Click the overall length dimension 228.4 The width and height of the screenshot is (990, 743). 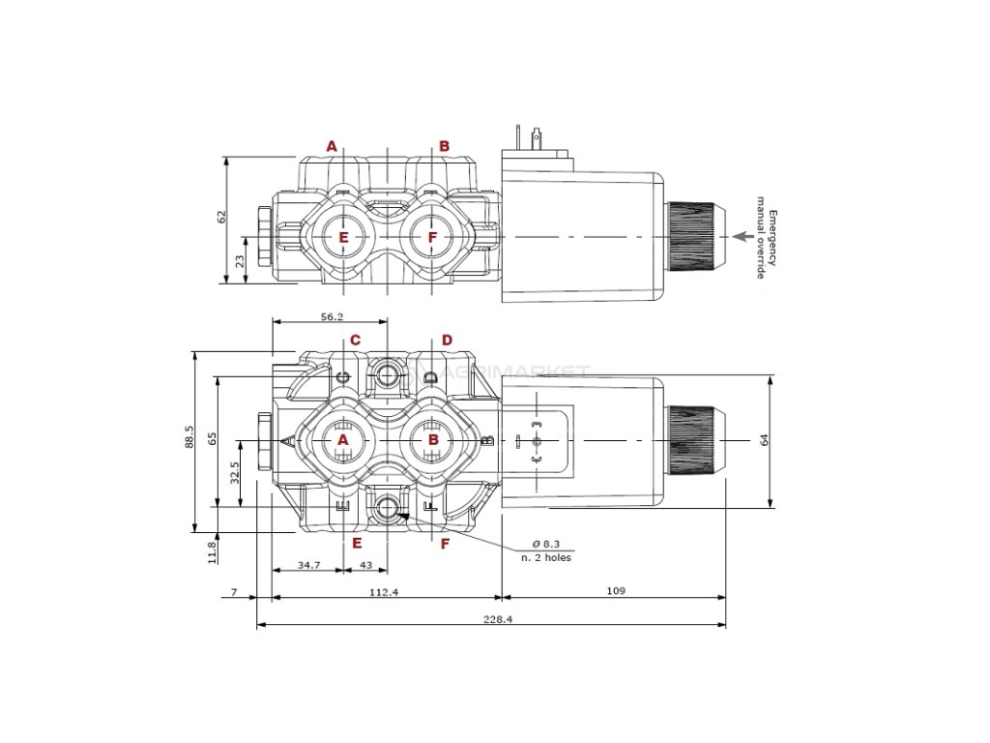click(x=490, y=619)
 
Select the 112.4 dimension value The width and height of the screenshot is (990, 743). click(x=384, y=592)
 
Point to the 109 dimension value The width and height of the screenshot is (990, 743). click(x=615, y=590)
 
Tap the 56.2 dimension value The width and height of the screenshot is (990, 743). click(x=332, y=316)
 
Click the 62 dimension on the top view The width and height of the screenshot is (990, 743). click(x=220, y=217)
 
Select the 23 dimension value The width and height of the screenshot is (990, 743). click(x=240, y=260)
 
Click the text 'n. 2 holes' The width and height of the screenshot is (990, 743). click(x=546, y=558)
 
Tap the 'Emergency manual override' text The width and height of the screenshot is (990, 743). click(x=766, y=237)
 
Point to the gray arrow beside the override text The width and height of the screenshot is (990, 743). click(x=742, y=236)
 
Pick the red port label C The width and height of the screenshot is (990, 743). click(x=355, y=341)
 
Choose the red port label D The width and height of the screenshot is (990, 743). click(x=447, y=341)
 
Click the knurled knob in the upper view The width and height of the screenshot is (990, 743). click(x=692, y=236)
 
